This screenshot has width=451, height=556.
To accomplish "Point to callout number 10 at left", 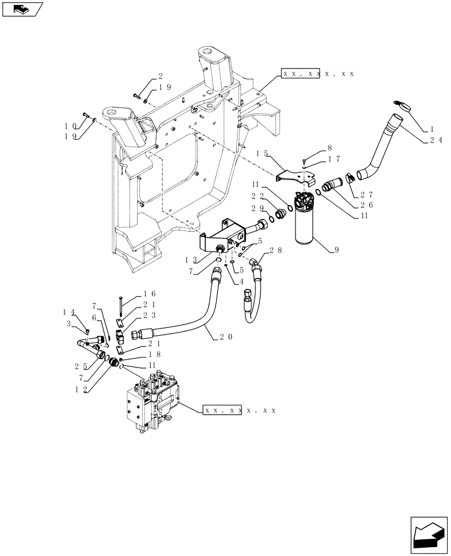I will (x=69, y=126).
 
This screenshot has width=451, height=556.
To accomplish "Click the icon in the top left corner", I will (x=22, y=9).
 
